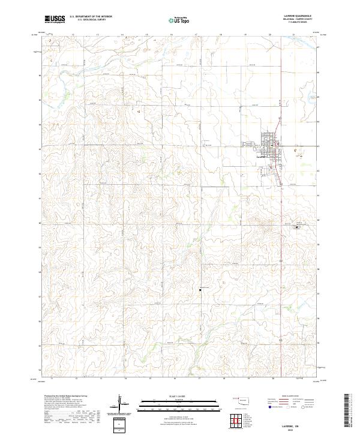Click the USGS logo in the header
[55, 19]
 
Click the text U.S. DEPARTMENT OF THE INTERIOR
[91, 17]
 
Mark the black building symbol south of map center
[200, 290]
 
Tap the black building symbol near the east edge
[295, 228]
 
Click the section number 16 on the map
[139, 112]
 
